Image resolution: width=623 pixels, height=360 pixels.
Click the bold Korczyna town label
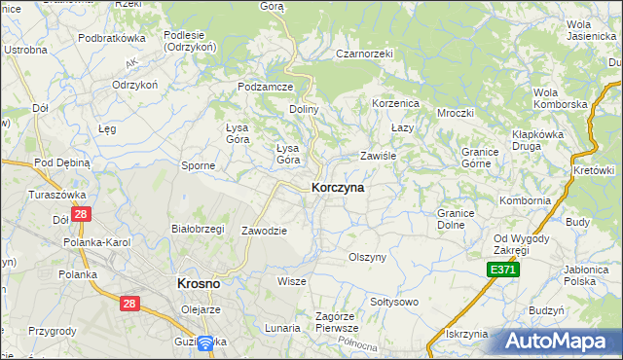[x=338, y=188]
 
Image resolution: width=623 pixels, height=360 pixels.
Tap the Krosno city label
[x=198, y=282]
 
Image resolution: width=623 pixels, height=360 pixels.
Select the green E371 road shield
[x=503, y=269]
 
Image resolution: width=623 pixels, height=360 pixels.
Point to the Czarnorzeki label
[x=363, y=54]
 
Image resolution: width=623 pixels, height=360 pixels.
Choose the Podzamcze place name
[x=266, y=87]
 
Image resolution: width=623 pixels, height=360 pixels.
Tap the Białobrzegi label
[x=198, y=229]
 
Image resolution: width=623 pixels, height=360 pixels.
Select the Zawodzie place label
[x=264, y=231]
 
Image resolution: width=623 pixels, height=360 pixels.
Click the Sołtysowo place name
[x=394, y=302]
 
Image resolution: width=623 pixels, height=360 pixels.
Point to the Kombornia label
[x=525, y=200]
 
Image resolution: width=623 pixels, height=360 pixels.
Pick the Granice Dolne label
[x=456, y=218]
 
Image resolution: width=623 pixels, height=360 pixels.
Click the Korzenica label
[x=395, y=102]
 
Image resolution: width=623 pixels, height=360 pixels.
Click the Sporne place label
[x=198, y=165]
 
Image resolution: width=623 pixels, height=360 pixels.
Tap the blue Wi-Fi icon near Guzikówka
[x=206, y=343]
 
